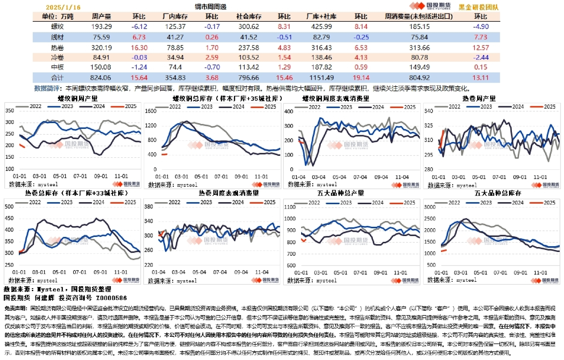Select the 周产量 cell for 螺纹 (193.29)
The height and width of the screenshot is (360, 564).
click(102, 27)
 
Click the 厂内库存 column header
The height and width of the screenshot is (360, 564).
click(176, 16)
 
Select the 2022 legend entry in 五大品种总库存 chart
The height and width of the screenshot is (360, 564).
click(456, 203)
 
